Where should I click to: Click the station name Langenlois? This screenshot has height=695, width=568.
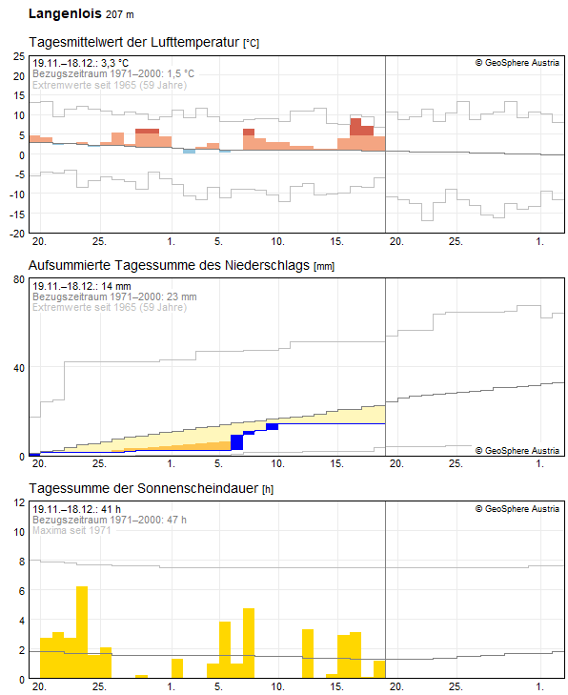pos(63,14)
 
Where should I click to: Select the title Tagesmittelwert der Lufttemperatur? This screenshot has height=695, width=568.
pos(134,43)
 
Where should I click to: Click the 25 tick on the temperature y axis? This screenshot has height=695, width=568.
pos(18,56)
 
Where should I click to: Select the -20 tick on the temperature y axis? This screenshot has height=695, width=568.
pos(16,234)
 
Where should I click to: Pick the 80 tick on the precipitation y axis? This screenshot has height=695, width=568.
pos(18,279)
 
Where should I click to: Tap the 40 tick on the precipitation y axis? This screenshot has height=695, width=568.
pos(18,368)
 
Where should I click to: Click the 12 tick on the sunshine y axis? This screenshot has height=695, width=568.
pos(18,502)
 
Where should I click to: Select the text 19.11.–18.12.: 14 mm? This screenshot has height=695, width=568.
pos(80,286)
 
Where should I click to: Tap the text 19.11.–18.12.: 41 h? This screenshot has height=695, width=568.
pos(74,509)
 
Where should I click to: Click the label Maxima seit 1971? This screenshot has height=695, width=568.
pos(72,530)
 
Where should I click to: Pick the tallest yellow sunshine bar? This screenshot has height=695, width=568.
pos(82,632)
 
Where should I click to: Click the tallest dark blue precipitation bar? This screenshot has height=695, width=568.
pos(237,442)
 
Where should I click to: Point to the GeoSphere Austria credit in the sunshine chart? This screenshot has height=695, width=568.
pos(517,509)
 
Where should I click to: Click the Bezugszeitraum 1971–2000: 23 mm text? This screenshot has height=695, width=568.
pos(114,296)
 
